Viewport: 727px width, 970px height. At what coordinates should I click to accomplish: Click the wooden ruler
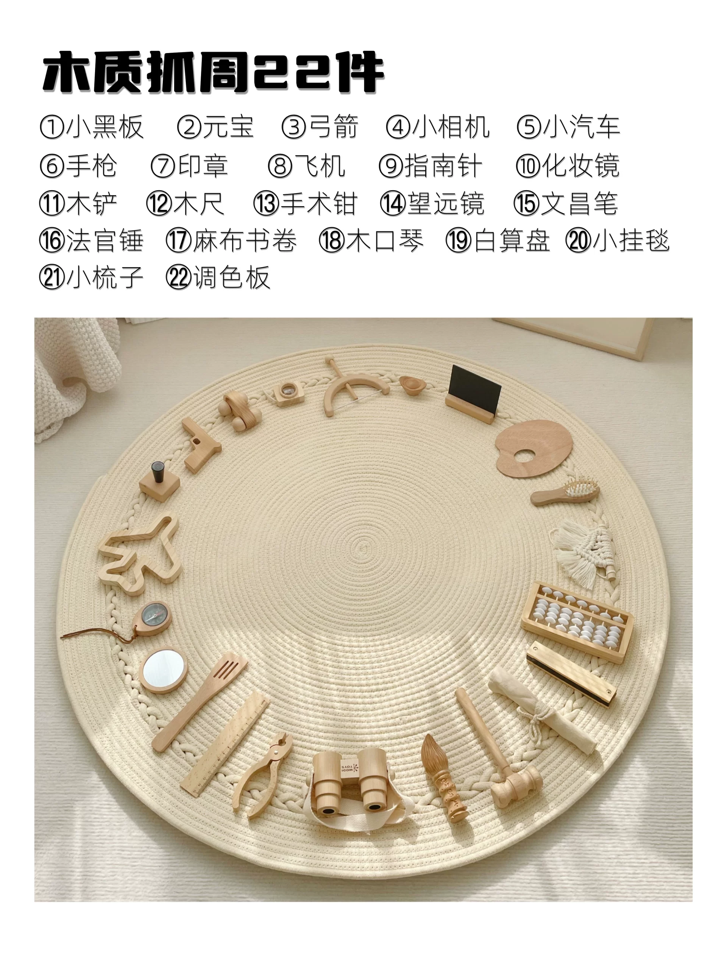point(225,745)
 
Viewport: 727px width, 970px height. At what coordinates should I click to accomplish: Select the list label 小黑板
point(105,127)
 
